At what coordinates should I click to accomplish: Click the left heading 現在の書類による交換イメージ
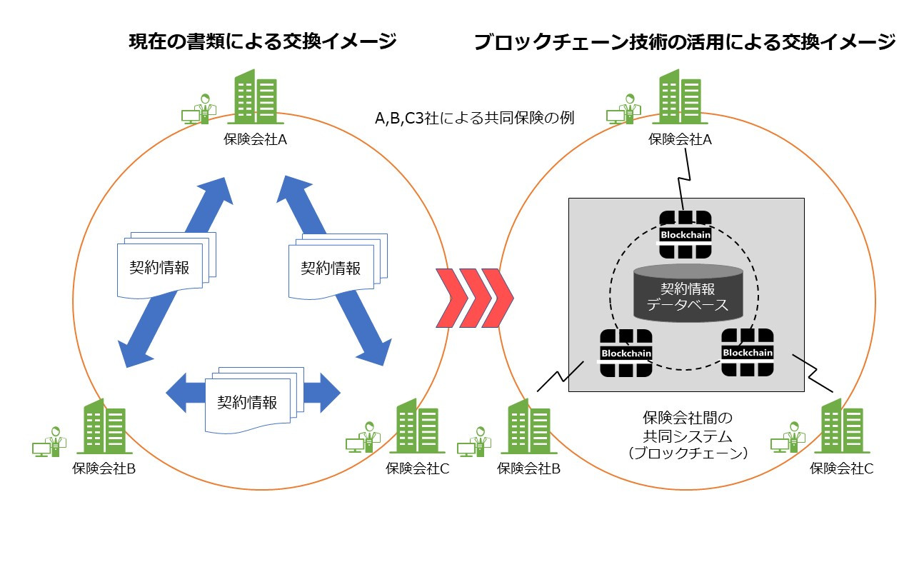coord(262,42)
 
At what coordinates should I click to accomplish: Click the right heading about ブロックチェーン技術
coord(684,42)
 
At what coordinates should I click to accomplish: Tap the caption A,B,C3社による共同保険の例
coord(475,118)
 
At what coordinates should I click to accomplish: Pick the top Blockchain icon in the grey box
coord(685,234)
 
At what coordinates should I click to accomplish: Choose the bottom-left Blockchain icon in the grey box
coord(626,353)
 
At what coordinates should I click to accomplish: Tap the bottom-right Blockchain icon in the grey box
coord(747,352)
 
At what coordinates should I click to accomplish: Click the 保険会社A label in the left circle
coord(255,140)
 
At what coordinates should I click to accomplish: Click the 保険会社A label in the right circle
coord(680,140)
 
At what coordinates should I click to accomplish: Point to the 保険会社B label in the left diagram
coord(104,469)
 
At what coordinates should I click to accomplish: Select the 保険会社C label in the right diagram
coord(841,469)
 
